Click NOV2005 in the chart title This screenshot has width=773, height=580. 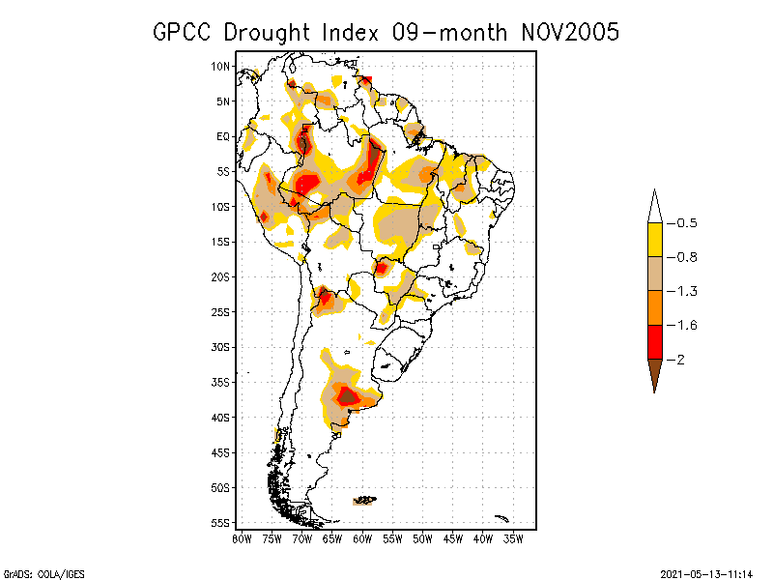(559, 32)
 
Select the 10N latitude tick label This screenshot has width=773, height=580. (221, 67)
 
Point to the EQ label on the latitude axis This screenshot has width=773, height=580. (223, 137)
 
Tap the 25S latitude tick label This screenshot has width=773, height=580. (221, 312)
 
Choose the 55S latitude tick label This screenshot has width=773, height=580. (221, 523)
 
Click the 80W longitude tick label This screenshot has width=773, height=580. (242, 538)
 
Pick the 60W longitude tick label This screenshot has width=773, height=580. (362, 538)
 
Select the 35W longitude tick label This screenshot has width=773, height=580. (513, 538)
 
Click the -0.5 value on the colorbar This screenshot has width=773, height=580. (685, 223)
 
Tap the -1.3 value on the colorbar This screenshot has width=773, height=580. (685, 291)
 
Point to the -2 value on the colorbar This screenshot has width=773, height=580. (680, 360)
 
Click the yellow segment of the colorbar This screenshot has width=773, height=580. (654, 240)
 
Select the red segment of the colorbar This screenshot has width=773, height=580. (654, 342)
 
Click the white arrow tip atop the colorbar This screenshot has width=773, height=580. (654, 207)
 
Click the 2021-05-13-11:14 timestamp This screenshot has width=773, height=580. (705, 572)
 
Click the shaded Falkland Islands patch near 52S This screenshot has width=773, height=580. (365, 501)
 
